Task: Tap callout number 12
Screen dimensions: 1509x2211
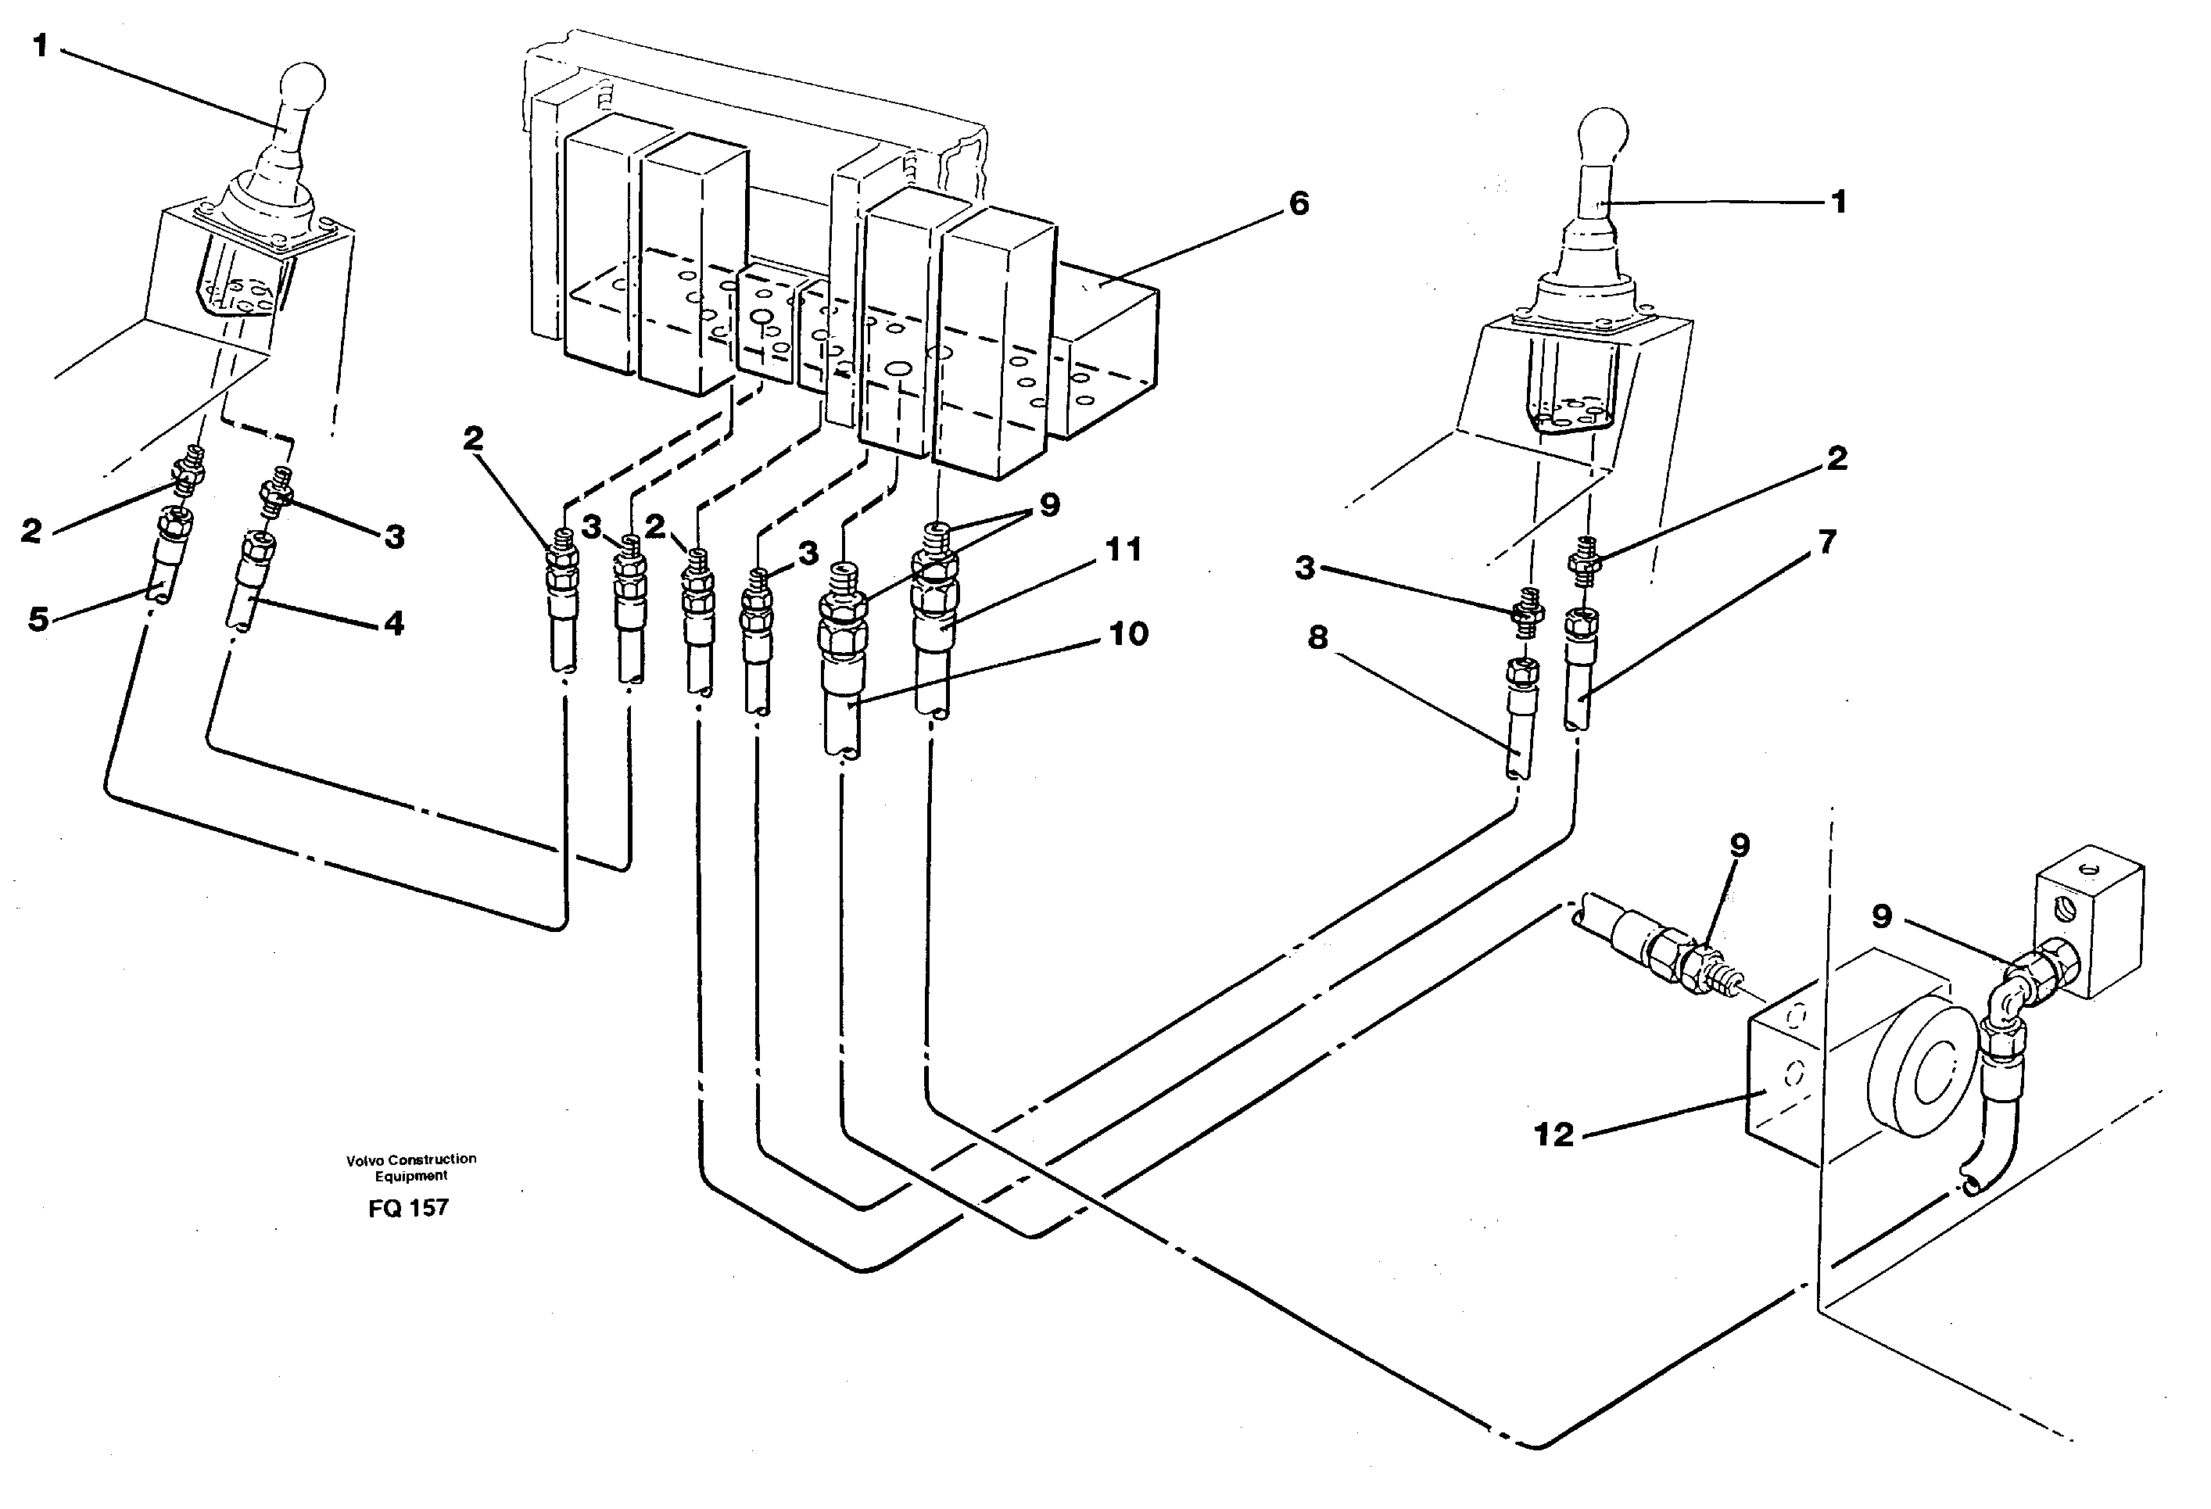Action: [1553, 1134]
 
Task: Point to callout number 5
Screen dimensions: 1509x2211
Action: [38, 619]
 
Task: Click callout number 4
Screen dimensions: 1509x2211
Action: [394, 623]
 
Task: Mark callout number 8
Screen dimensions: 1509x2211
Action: [1317, 637]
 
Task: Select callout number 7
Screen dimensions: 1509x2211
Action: [1826, 543]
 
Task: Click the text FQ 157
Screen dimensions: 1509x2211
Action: [408, 1208]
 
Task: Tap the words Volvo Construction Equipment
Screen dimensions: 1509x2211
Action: [411, 1167]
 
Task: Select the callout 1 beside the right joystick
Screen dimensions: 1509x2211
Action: [1838, 202]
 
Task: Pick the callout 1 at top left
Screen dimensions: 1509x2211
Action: [40, 45]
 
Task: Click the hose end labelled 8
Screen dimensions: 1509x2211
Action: [1518, 733]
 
